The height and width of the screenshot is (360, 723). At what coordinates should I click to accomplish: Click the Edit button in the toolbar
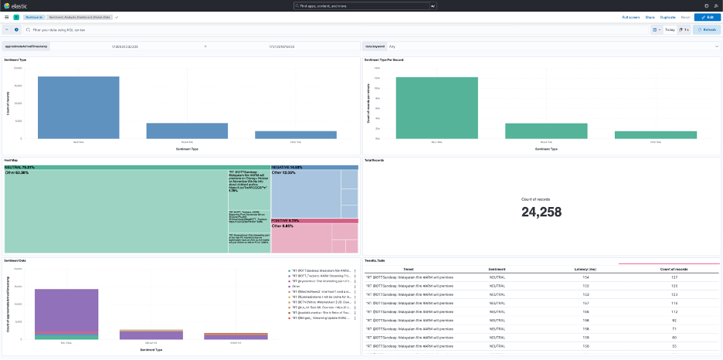[x=706, y=16]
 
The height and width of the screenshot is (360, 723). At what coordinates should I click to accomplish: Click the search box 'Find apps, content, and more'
[x=361, y=5]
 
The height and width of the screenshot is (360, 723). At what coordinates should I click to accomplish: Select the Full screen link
[x=630, y=16]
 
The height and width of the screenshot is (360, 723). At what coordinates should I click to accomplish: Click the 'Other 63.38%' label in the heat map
[x=17, y=172]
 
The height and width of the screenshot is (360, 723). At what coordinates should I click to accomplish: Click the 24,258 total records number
[x=543, y=212]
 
